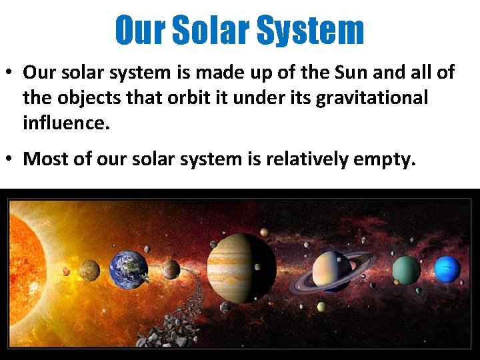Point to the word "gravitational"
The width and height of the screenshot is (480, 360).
click(371, 98)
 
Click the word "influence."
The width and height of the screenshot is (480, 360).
click(65, 123)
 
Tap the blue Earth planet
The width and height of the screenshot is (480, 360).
click(128, 269)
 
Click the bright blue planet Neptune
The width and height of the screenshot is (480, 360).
click(447, 269)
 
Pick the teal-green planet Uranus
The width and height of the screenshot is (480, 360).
click(406, 269)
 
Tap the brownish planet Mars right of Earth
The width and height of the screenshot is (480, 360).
click(171, 269)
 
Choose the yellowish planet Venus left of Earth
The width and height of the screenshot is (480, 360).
click(89, 270)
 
